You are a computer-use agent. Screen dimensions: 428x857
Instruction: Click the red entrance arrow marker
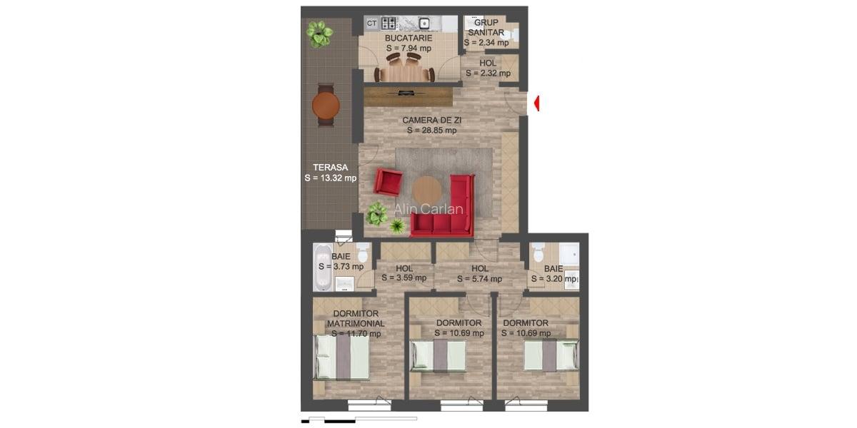[x=537, y=103]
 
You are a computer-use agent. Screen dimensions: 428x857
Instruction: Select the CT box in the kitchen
[x=371, y=23]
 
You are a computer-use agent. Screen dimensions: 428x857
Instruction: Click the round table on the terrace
[x=326, y=105]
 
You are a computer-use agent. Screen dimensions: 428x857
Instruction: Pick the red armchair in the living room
[x=388, y=182]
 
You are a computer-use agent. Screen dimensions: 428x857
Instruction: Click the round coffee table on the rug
[x=427, y=190]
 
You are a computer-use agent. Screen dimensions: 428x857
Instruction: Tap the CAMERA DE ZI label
[x=431, y=121]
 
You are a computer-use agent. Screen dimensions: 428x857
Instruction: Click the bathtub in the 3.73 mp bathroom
[x=322, y=267]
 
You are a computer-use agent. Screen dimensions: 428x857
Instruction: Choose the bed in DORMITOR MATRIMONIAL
[x=343, y=356]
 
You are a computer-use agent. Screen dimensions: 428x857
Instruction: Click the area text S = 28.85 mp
[x=431, y=131]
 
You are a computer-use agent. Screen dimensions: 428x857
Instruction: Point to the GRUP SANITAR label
[x=486, y=27]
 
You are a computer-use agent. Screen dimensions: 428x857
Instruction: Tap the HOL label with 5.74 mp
[x=480, y=269]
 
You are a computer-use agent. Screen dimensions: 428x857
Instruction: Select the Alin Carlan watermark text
[x=429, y=210]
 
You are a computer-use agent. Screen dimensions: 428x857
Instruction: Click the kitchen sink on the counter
[x=424, y=23]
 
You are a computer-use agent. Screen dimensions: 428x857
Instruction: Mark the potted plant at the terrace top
[x=319, y=33]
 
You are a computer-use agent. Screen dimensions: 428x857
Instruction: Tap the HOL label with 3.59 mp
[x=404, y=269]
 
